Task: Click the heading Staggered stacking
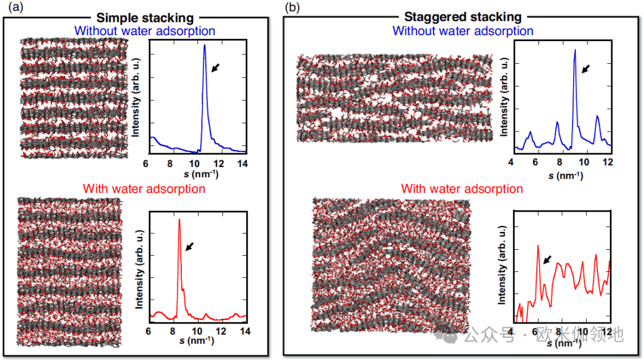pyautogui.click(x=463, y=17)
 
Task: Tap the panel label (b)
pyautogui.click(x=292, y=7)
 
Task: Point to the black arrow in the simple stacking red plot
pyautogui.click(x=190, y=246)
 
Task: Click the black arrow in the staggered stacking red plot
pyautogui.click(x=547, y=258)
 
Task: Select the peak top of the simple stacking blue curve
pyautogui.click(x=205, y=45)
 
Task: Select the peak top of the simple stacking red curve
pyautogui.click(x=179, y=220)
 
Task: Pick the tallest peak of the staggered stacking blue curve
pyautogui.click(x=575, y=50)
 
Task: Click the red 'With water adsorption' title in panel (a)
pyautogui.click(x=144, y=189)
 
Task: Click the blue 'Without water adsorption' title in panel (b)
pyautogui.click(x=463, y=30)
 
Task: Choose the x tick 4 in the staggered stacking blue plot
pyautogui.click(x=511, y=162)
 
